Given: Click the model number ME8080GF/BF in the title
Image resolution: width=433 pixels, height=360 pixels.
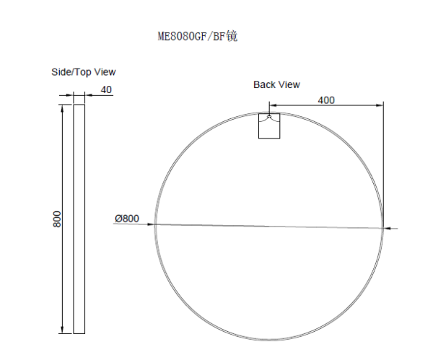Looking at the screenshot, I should point(190,35).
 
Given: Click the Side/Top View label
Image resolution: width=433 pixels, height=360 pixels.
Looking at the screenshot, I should point(83,72).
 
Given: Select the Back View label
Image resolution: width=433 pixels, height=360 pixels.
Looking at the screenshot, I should point(276,84).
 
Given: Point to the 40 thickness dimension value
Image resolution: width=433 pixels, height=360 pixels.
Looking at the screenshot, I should point(106,90).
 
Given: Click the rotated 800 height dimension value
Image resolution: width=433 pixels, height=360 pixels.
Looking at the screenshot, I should point(57,219).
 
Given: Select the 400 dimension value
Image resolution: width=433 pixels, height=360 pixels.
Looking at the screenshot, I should point(326,100).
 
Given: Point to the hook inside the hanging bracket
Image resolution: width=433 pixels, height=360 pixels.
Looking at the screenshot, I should point(269,118).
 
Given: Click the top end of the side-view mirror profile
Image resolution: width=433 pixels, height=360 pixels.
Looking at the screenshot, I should point(79,105).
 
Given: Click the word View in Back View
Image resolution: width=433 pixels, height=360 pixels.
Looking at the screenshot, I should point(289,84).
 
